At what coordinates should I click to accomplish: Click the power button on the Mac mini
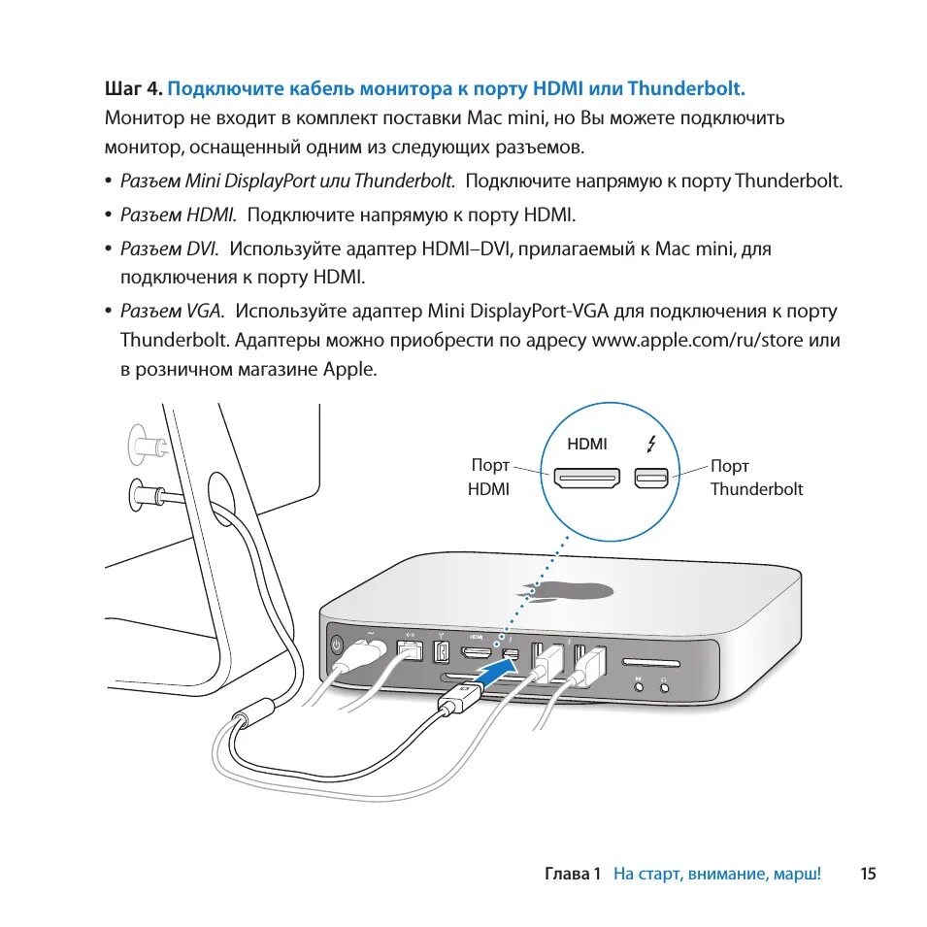(337, 645)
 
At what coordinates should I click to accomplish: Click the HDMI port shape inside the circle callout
(586, 478)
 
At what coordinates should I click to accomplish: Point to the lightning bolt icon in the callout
(650, 445)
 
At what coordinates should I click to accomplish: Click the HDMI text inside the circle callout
(587, 444)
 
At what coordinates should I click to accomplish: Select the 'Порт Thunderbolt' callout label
(756, 478)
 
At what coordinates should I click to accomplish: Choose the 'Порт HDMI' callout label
(489, 478)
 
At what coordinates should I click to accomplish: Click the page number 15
(868, 874)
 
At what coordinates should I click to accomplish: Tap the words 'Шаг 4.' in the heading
(133, 89)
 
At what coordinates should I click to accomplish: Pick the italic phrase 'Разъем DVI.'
(170, 248)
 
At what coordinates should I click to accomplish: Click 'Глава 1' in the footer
(574, 874)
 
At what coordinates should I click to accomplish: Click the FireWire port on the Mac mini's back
(441, 651)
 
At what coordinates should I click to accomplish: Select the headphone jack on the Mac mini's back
(665, 688)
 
